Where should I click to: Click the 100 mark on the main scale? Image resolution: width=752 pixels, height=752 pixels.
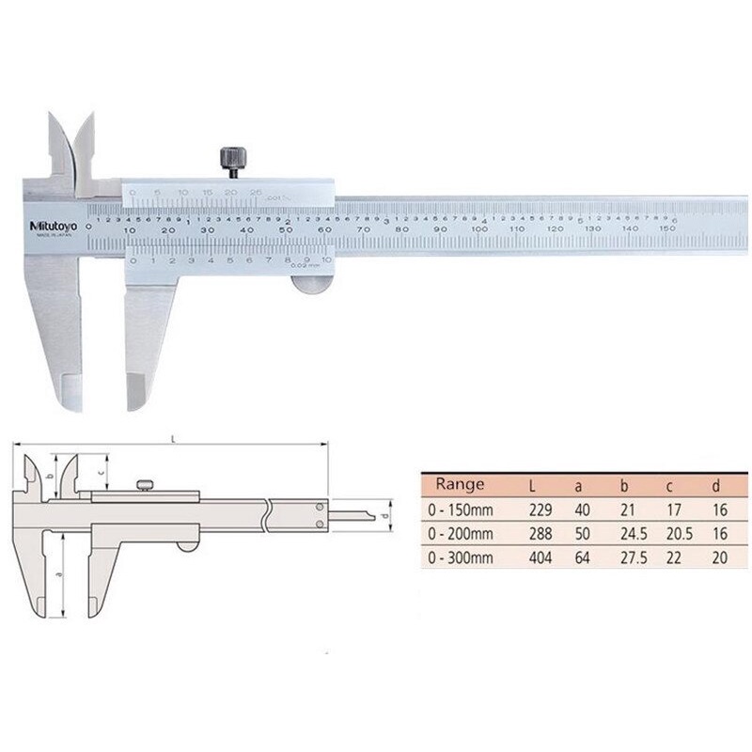click(479, 228)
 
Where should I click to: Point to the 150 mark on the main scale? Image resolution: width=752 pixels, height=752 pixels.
click(669, 228)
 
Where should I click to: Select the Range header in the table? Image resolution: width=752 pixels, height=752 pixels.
click(460, 485)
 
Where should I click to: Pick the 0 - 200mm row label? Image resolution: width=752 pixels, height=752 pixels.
click(460, 534)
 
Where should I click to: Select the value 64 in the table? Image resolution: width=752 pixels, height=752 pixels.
click(583, 558)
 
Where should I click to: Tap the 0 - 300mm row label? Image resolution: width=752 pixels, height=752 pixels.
click(460, 558)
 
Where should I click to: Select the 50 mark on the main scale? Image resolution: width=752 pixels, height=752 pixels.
click(283, 228)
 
